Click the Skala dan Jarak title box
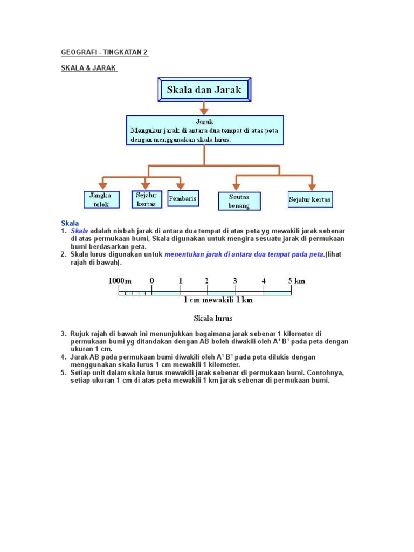(x=204, y=90)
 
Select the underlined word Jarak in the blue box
(x=204, y=122)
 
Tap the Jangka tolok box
(x=99, y=200)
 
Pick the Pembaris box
(x=183, y=198)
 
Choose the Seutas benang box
(x=239, y=201)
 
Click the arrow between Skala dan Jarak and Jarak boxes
(x=204, y=108)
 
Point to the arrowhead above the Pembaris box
(x=181, y=184)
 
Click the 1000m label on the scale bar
(x=120, y=280)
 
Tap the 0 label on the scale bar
(x=152, y=280)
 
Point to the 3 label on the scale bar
(x=235, y=280)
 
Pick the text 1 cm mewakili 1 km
(x=218, y=300)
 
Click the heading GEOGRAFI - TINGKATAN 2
(x=105, y=52)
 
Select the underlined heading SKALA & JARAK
(x=89, y=68)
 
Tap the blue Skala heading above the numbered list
(x=70, y=223)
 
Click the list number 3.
(x=63, y=334)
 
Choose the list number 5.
(x=63, y=372)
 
